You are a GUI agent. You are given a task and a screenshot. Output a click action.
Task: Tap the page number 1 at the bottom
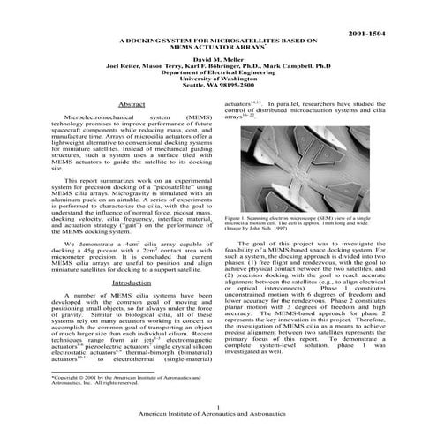218,406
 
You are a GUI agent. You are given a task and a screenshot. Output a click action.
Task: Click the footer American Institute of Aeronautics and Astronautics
218,414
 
